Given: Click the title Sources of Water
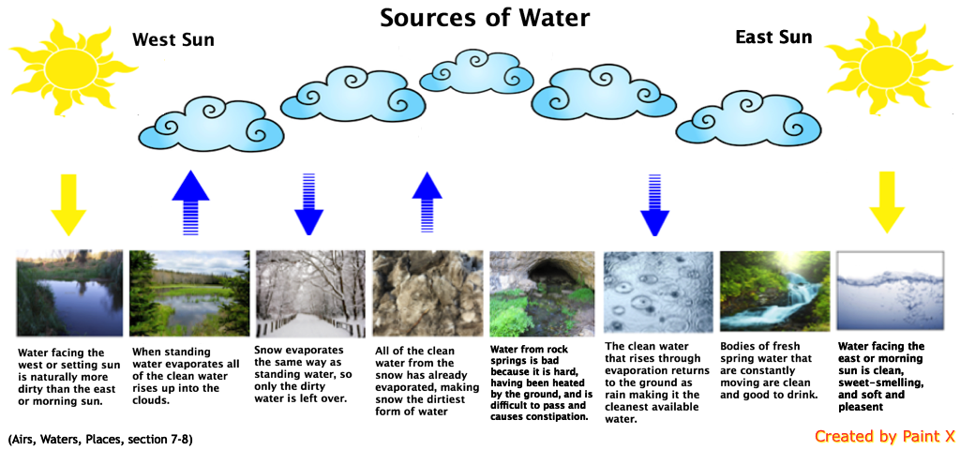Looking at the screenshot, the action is [485, 18].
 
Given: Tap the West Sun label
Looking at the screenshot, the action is [172, 39].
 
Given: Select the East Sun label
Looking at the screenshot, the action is [773, 37].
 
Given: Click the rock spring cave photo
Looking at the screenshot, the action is [542, 293].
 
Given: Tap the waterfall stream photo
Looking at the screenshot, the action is [774, 293].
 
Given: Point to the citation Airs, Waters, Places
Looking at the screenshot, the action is [100, 439].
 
